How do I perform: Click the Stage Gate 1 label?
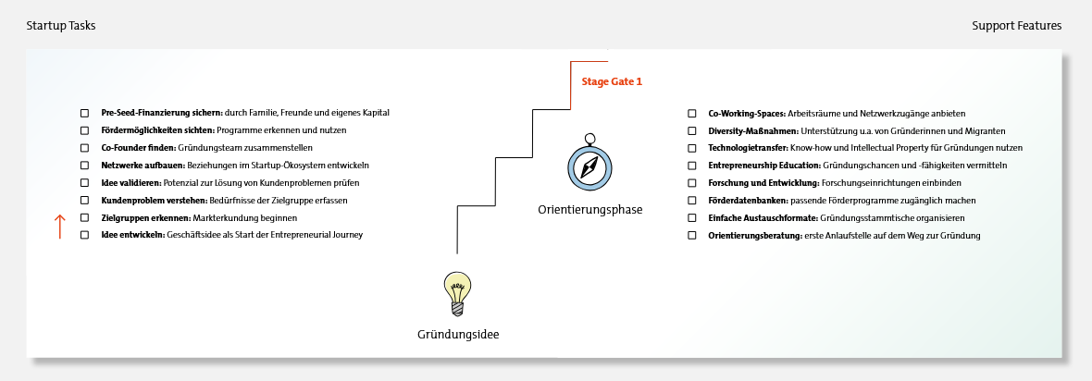611,81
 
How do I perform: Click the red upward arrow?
60,227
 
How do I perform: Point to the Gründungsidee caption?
458,334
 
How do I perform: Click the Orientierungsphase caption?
589,210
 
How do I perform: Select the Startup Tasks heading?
61,26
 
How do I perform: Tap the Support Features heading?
1016,26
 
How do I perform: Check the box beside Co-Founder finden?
84,148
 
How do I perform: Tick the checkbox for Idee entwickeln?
84,235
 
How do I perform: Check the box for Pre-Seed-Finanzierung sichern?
84,113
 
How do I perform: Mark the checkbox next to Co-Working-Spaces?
691,113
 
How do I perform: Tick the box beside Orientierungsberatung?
691,236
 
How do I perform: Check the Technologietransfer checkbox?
691,148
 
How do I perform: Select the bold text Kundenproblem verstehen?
139,201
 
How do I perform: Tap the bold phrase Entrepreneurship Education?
758,166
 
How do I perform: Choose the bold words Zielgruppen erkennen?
132,218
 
